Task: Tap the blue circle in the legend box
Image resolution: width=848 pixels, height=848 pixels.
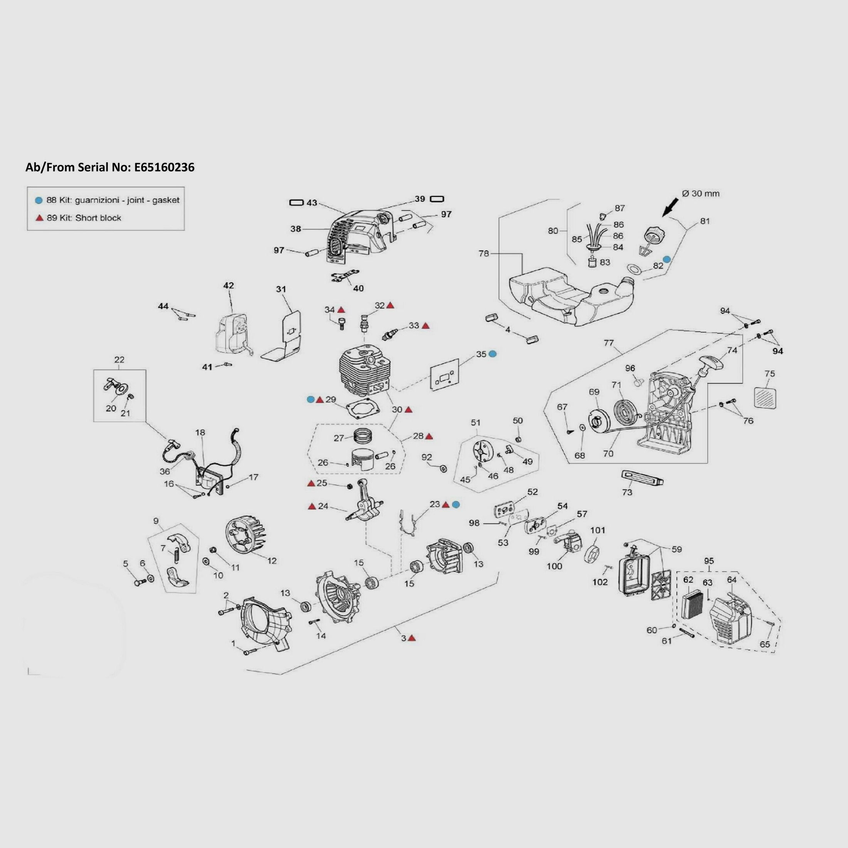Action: pos(39,200)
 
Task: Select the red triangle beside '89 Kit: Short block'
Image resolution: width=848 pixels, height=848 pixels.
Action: pos(39,218)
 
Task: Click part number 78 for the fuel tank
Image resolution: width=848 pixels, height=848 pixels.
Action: pos(483,254)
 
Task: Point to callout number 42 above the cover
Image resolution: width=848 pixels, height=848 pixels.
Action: pos(229,286)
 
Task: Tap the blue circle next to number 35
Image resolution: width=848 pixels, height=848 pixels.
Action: pos(493,354)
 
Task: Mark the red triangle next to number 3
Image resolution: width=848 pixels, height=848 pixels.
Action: pos(412,639)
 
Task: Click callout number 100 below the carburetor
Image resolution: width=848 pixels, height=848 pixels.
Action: pos(554,566)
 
